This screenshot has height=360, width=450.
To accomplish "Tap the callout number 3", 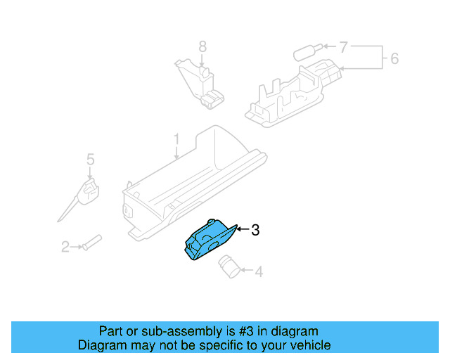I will [256, 230].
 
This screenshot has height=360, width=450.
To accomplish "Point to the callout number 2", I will [65, 247].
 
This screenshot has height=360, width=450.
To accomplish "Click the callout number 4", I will [259, 271].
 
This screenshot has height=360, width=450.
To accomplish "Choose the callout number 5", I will [90, 160].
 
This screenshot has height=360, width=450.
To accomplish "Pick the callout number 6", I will [394, 58].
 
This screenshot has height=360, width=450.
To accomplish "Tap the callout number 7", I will [343, 48].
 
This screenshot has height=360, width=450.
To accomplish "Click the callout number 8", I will [202, 46].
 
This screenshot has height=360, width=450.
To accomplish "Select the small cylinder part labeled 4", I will [229, 265].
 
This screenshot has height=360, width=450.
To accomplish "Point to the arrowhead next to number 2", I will [79, 247].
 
